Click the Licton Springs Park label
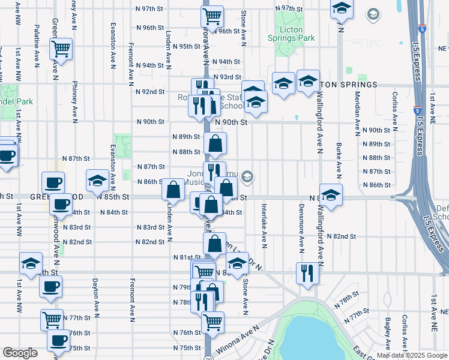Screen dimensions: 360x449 point(295,38)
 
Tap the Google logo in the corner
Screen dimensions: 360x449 point(20,353)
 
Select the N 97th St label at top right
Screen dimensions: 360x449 point(289,8)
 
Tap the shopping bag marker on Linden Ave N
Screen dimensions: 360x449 point(173,190)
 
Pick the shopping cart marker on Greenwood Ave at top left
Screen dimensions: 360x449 point(61,48)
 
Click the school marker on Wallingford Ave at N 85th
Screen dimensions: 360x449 point(330,194)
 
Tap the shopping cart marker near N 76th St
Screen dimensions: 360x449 point(212,322)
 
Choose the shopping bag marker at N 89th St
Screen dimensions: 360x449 point(215,143)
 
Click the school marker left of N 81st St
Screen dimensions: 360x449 point(31,263)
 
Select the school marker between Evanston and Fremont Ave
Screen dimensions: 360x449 point(98,179)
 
